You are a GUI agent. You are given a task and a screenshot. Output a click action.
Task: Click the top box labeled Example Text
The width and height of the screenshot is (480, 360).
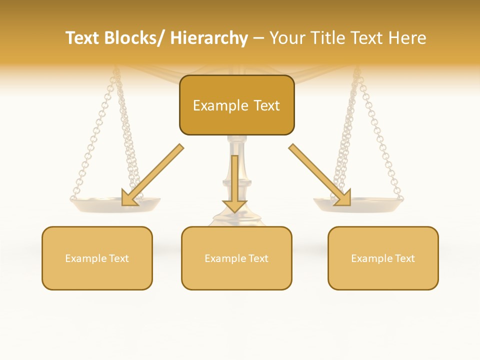236,105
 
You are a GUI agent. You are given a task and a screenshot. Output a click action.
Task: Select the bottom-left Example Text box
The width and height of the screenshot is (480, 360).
97,258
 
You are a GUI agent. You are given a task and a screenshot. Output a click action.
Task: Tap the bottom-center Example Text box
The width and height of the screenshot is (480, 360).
236,258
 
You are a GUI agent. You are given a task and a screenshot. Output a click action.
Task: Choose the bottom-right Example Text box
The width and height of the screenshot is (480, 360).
383,258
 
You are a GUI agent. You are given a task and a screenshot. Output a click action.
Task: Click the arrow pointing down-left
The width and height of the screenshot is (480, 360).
152,175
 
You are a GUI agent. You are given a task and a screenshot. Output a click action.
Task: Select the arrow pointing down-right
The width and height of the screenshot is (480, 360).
320,175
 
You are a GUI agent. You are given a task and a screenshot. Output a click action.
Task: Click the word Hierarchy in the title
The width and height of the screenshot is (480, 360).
209,38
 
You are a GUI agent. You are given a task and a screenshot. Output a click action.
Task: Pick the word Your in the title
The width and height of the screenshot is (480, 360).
287,38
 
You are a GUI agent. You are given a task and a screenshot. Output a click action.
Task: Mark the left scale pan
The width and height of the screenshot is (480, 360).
115,203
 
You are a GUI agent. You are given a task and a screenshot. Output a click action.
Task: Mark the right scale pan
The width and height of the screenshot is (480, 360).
358,203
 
